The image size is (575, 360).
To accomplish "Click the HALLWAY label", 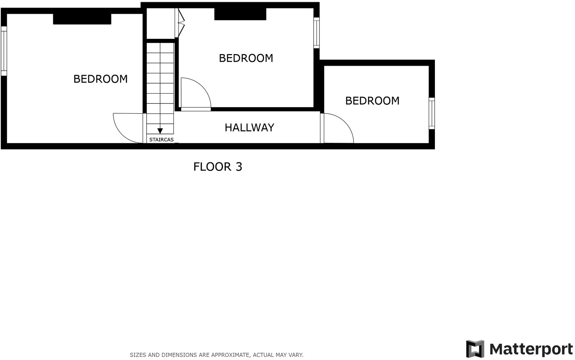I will tap(249, 127).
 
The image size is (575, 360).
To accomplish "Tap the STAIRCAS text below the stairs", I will tap(161, 140).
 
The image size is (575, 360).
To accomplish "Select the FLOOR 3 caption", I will tap(217, 167).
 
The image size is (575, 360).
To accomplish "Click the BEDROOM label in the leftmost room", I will tap(100, 79).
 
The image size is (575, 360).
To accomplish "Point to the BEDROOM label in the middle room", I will tap(246, 58).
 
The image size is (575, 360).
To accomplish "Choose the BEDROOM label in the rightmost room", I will tap(372, 101).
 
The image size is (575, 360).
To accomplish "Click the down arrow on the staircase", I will tap(160, 131).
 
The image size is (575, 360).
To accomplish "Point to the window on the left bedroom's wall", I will tap(4, 51).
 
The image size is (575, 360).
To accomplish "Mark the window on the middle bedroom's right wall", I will tap(317, 33).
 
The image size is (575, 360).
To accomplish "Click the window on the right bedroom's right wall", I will tap(432, 113).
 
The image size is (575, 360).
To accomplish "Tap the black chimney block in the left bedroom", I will tap(82, 19).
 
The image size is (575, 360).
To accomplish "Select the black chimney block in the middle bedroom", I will tap(240, 14).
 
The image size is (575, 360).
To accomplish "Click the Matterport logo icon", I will tap(475, 349).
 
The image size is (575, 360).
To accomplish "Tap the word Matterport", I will tap(531, 349).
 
